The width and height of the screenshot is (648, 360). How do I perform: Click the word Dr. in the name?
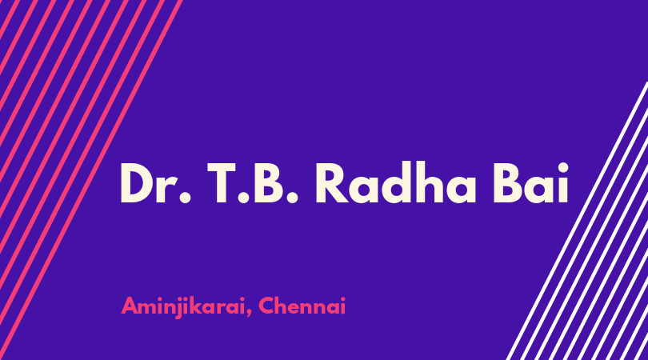155,182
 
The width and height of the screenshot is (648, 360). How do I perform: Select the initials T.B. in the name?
253,182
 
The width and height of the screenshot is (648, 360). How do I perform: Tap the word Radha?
395,182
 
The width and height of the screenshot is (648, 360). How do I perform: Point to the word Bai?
530,182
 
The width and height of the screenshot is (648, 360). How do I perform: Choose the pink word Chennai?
302,306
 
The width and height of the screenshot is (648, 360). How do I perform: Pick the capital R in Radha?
332,182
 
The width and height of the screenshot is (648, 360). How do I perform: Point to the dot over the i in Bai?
562,168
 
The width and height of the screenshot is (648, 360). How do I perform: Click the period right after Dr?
186,197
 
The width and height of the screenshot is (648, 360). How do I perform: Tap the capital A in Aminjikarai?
130,306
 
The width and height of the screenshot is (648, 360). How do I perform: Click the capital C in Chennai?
267,306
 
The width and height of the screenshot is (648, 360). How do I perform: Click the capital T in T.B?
221,182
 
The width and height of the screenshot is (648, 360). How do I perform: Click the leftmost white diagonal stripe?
577,220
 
